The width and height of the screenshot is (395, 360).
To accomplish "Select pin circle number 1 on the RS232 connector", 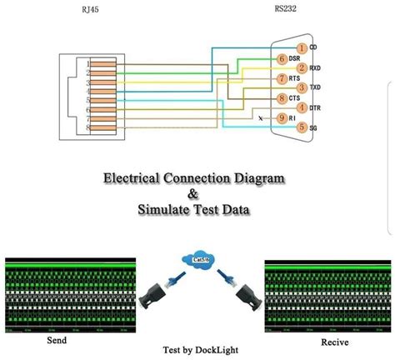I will pos(301,48).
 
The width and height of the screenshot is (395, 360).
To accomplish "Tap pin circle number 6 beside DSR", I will pos(282,58).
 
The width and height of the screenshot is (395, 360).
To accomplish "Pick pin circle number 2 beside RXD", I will pos(301,68).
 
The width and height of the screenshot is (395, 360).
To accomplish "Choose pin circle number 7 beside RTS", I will pos(282,78).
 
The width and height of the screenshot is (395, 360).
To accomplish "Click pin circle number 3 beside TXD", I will pos(301,88).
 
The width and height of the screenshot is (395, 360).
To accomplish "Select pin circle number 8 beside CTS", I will pos(282,98).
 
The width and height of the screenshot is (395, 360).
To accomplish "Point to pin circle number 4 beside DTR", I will pos(301,108).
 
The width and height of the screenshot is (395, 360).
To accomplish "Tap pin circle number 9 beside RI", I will pos(282,118).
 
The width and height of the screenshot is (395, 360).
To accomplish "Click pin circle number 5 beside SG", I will pos(301,127).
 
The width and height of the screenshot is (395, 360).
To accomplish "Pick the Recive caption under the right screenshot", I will pos(335,342).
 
